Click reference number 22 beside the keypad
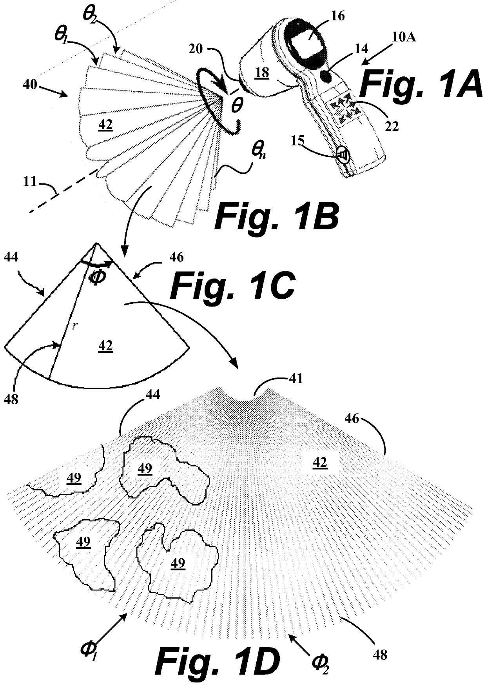[x=390, y=126]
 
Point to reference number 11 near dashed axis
[x=30, y=181]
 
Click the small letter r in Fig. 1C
[x=74, y=326]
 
